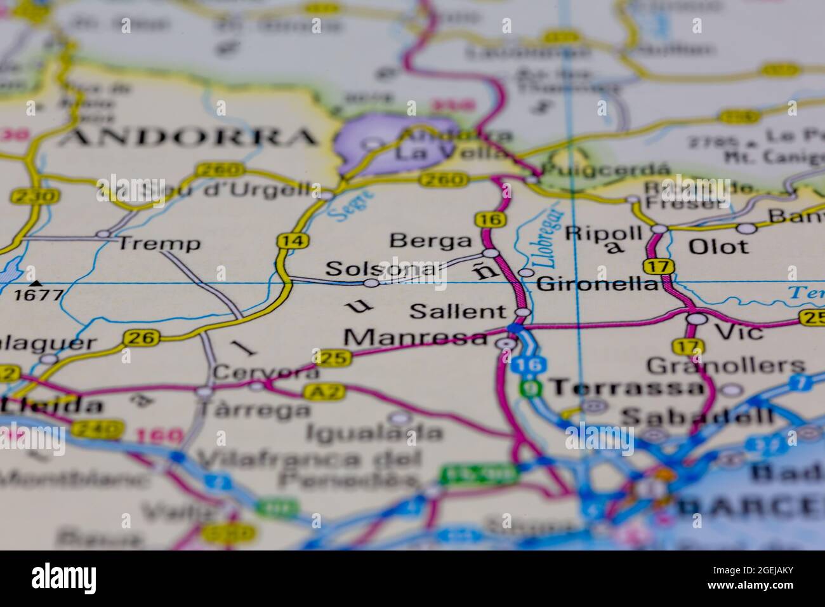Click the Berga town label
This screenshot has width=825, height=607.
click(x=432, y=241)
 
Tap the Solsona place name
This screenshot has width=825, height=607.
click(x=381, y=269)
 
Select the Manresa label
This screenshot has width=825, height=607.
click(x=418, y=338)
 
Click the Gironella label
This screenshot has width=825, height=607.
click(x=597, y=284)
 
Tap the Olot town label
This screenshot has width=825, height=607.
click(x=718, y=246)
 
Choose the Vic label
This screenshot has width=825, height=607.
click(x=739, y=331)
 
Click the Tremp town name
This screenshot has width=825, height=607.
click(x=160, y=243)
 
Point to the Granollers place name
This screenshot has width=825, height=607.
click(x=726, y=366)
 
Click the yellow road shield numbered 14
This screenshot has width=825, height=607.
click(x=284, y=241)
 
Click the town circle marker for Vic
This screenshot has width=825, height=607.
click(x=697, y=319)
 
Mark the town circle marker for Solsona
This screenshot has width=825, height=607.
click(x=371, y=283)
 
